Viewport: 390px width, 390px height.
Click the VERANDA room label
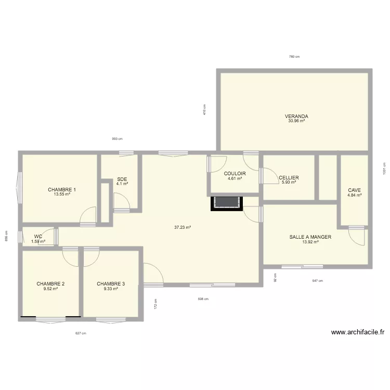pos(296,116)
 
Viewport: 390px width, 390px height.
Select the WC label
pos(38,236)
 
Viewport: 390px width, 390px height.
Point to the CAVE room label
pos(355,190)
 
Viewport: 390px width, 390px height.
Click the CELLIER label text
pos(289,178)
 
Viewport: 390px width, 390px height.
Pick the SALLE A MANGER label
pos(310,237)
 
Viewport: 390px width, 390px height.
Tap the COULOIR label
pos(235,174)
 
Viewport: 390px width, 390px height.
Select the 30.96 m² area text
pos(296,121)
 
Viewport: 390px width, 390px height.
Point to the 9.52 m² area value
pos(50,289)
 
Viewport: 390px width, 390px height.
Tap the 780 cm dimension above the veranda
pos(294,57)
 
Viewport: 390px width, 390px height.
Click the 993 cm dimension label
pos(117,139)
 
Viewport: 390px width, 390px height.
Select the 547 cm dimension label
pos(317,281)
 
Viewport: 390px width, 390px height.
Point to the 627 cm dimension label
pos(81,333)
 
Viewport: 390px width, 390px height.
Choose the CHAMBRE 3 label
pos(111,283)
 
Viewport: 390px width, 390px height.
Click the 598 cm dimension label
pos(203,299)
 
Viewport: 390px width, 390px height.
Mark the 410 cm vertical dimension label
pos(205,109)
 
